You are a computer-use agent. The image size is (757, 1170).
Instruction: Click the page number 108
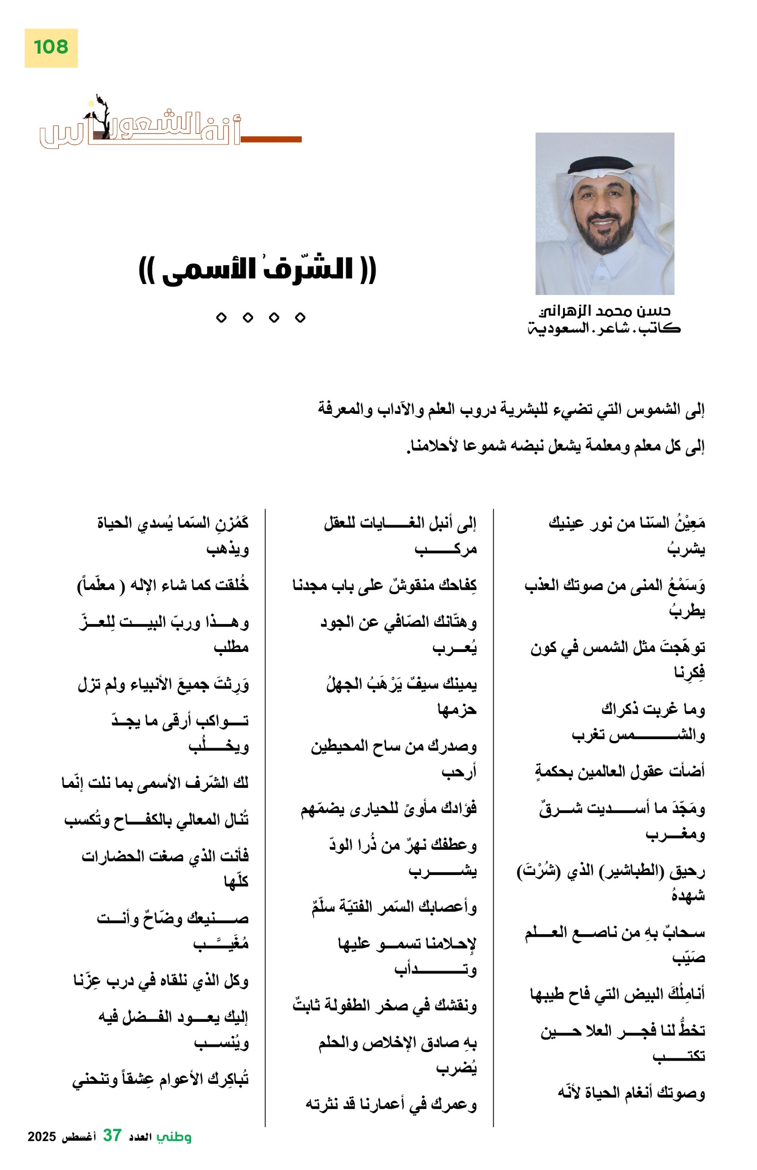(x=51, y=47)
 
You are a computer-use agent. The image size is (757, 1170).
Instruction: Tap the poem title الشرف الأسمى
(x=257, y=270)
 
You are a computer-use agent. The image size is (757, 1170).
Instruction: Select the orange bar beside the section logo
(x=271, y=140)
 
